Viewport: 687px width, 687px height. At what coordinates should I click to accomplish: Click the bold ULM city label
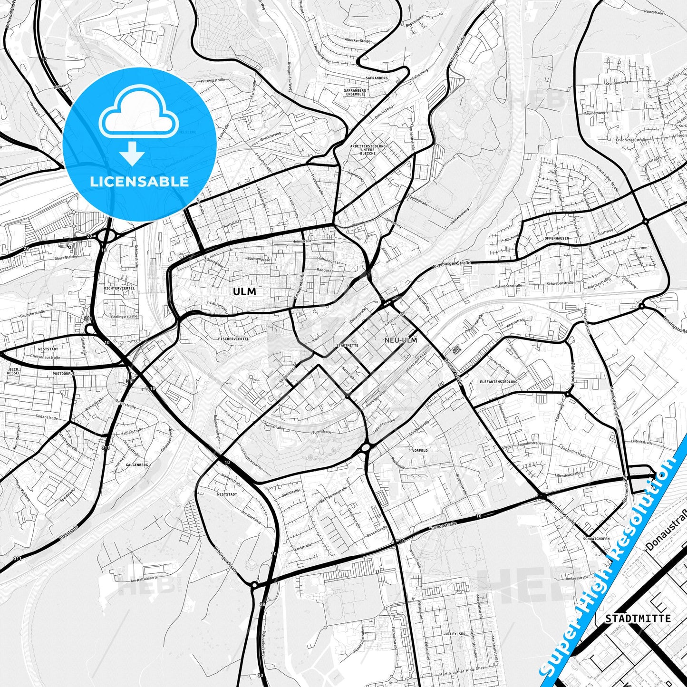(x=244, y=291)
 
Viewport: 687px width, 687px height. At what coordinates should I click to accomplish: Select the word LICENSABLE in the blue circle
(x=139, y=181)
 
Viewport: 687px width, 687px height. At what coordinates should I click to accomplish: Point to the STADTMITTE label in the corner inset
(x=638, y=619)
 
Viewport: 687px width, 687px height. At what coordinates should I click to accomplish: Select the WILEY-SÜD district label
(x=455, y=634)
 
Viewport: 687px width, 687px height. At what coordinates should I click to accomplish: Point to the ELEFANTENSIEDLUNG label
(x=499, y=382)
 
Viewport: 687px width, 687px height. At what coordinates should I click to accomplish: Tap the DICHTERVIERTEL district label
(x=119, y=288)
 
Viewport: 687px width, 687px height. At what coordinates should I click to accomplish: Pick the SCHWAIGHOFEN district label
(x=596, y=539)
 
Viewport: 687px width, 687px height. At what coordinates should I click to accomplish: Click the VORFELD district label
(x=420, y=450)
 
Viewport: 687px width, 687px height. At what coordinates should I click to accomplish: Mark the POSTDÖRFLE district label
(x=64, y=374)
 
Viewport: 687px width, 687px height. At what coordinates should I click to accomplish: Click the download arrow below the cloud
(x=132, y=154)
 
